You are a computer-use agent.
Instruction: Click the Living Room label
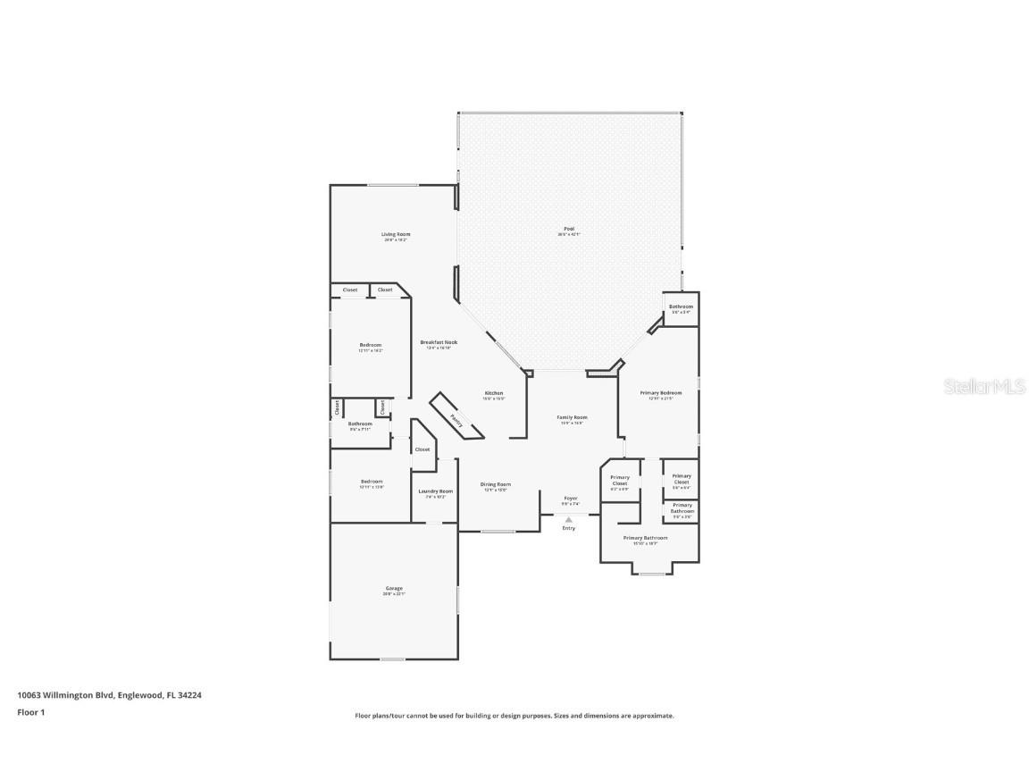click(x=396, y=235)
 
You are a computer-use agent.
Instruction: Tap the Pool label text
click(x=569, y=230)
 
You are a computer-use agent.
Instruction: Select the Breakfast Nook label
click(x=439, y=343)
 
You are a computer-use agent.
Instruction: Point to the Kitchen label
click(x=494, y=394)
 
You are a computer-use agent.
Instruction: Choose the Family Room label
click(x=572, y=418)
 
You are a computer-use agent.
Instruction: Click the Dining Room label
click(x=495, y=485)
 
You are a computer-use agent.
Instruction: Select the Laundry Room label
click(x=435, y=492)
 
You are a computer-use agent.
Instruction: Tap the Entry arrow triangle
click(x=569, y=519)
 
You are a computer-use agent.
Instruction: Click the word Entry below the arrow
click(x=569, y=528)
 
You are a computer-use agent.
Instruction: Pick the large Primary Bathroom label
click(x=645, y=539)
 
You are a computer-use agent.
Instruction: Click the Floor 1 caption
click(x=30, y=712)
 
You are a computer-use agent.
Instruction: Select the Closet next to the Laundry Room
click(x=422, y=449)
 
